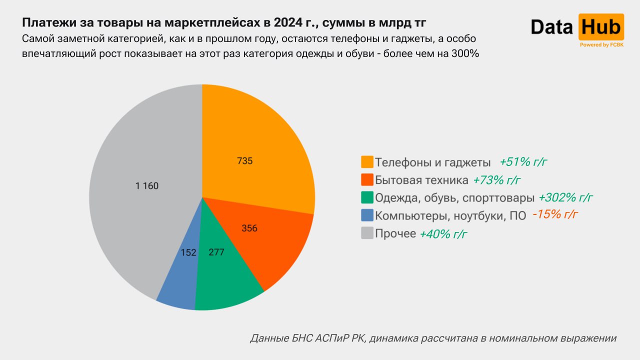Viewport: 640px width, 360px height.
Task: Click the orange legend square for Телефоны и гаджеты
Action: pyautogui.click(x=367, y=162)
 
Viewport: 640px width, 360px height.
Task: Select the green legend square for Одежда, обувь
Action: pyautogui.click(x=367, y=197)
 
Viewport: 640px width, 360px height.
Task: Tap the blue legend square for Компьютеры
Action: pyautogui.click(x=367, y=215)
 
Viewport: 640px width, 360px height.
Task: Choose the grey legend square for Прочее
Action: pyautogui.click(x=367, y=233)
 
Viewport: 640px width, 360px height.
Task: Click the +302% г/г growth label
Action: pyautogui.click(x=565, y=197)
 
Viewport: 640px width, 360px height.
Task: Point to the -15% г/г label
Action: pyautogui.click(x=555, y=215)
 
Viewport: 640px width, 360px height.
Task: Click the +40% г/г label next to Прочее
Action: pyautogui.click(x=443, y=233)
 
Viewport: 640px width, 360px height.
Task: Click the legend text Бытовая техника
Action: pyautogui.click(x=421, y=180)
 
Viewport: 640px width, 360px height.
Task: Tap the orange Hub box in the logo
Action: pyautogui.click(x=601, y=27)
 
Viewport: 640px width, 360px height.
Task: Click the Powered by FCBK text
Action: pyautogui.click(x=601, y=45)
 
